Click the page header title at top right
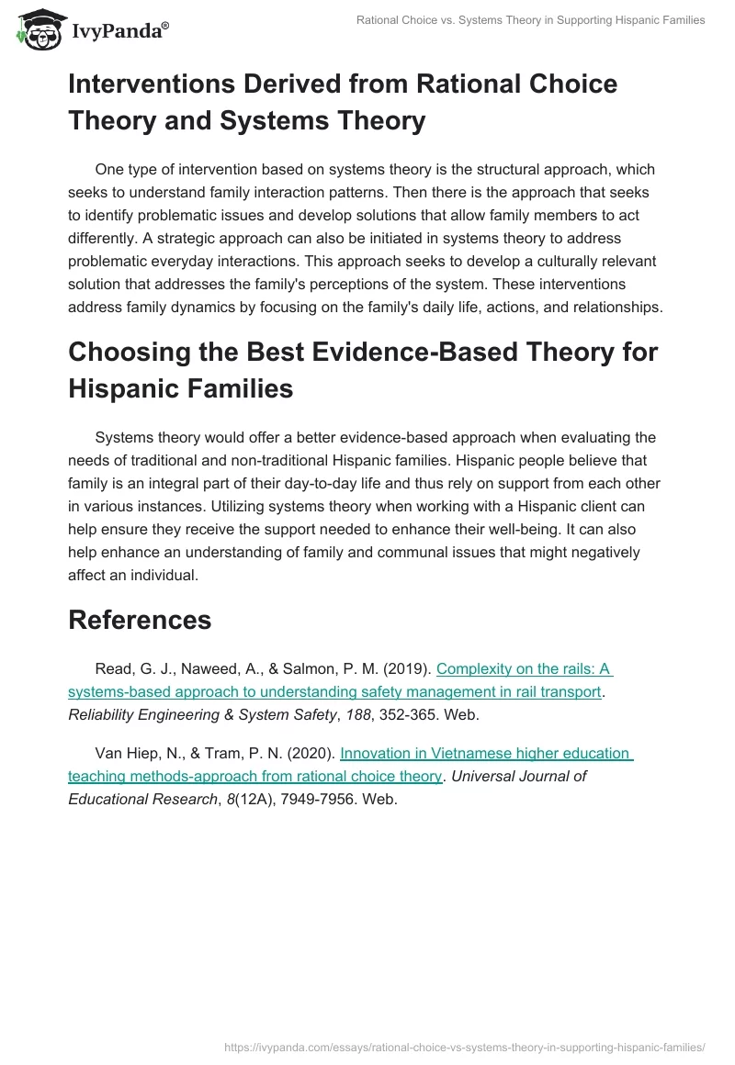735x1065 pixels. click(530, 20)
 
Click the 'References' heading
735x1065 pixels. click(140, 620)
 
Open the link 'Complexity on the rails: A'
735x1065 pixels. click(524, 670)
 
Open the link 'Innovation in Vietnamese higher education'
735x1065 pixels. click(486, 754)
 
